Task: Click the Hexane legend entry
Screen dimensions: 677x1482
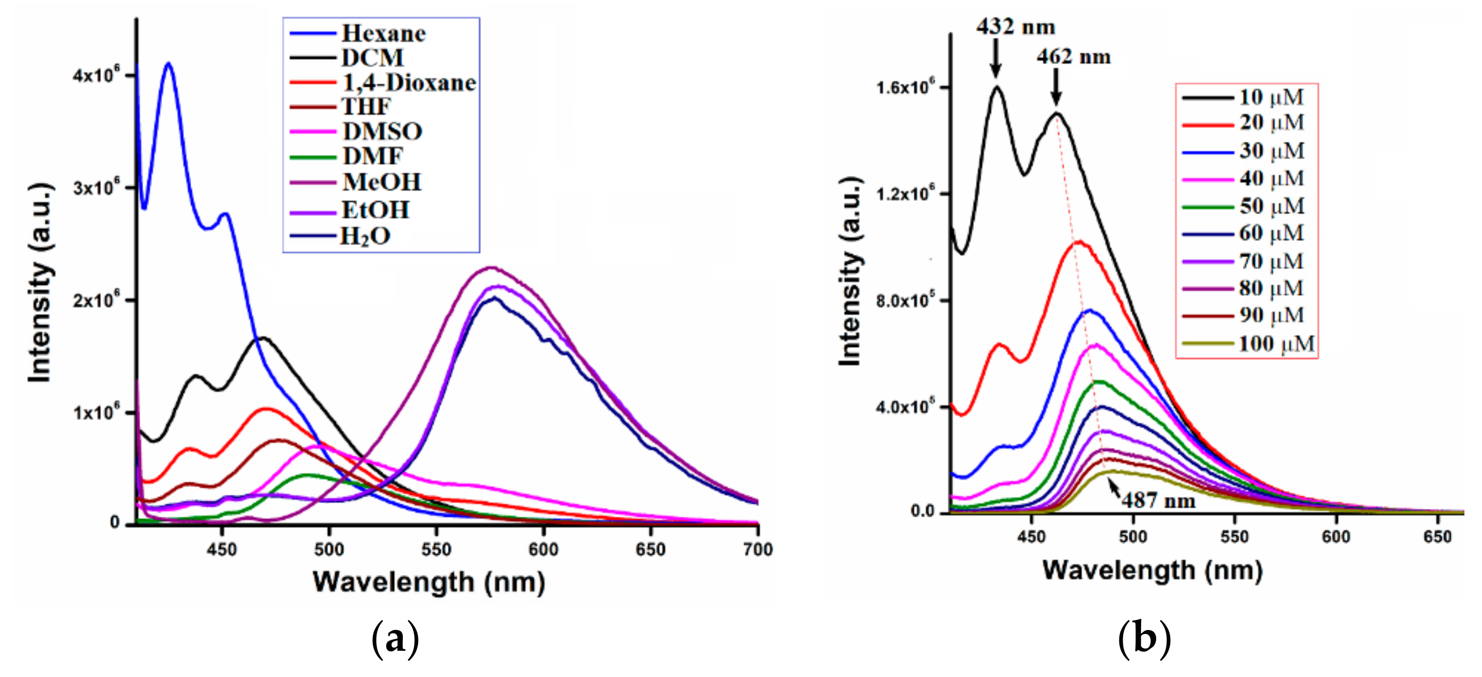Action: (383, 34)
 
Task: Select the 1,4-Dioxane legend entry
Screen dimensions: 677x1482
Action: (408, 83)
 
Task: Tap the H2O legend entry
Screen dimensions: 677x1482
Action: (365, 236)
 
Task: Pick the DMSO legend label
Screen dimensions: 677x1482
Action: (383, 132)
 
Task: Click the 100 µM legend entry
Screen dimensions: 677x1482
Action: (1276, 344)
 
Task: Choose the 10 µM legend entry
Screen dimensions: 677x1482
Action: (1271, 97)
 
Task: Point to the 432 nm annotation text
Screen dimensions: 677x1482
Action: (1015, 26)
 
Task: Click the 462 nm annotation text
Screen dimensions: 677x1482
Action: (1073, 56)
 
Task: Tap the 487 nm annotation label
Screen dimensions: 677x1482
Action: (1158, 500)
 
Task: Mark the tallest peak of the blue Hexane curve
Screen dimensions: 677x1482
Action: (168, 64)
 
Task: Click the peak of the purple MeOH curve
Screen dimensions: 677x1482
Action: (491, 268)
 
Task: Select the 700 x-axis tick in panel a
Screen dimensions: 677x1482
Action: (757, 549)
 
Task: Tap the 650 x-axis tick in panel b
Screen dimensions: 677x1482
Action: (1437, 537)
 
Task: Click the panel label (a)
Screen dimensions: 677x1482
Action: (395, 638)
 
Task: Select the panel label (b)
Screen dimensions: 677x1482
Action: (1144, 638)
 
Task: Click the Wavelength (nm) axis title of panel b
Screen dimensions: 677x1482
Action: (1152, 570)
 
